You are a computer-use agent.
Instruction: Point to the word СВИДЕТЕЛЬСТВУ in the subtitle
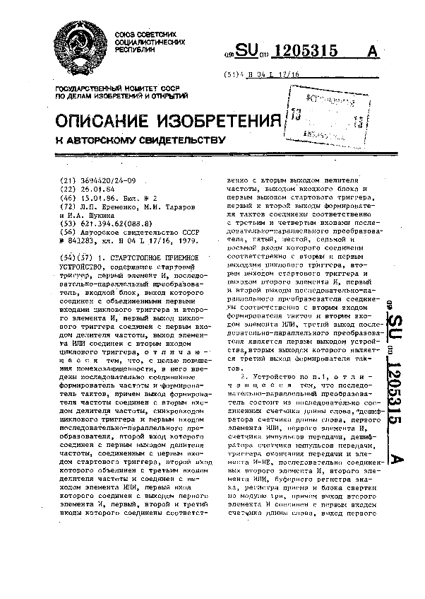click(x=163, y=139)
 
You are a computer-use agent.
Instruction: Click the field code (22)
click(x=68, y=189)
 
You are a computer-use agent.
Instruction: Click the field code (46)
click(x=68, y=198)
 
